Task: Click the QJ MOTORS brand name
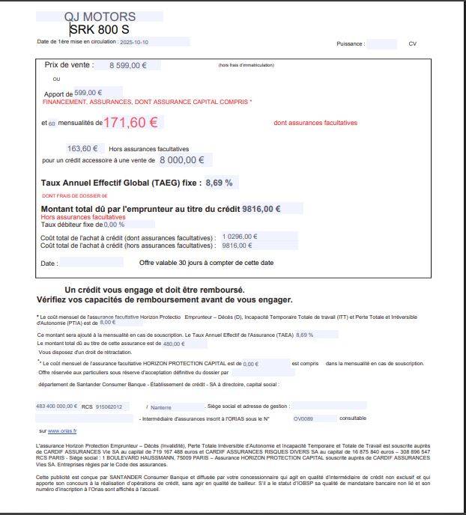point(100,16)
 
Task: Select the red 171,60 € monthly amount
point(130,123)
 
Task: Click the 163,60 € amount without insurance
point(83,148)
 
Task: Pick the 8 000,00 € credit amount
point(182,159)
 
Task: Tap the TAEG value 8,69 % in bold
point(219,183)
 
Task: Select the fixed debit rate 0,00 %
point(114,224)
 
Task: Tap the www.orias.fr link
point(63,431)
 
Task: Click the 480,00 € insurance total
point(174,344)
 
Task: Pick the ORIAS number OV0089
point(303,418)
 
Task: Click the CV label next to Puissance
point(412,44)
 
